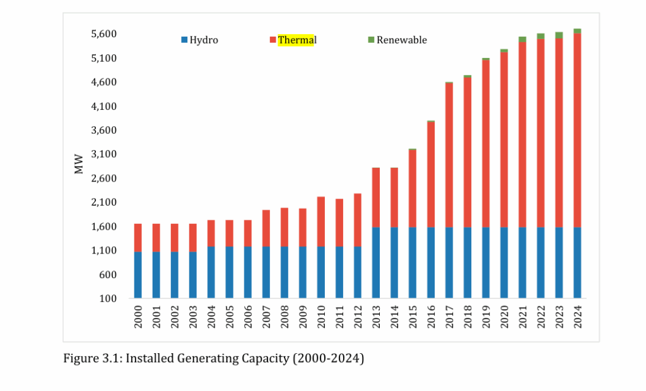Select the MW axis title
pos(79,166)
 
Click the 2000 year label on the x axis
pos(138,315)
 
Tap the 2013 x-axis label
pos(376,315)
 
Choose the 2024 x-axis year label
pos(577,315)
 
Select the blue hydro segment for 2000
pos(138,275)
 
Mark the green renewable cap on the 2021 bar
pos(522,39)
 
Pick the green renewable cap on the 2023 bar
pos(559,35)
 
